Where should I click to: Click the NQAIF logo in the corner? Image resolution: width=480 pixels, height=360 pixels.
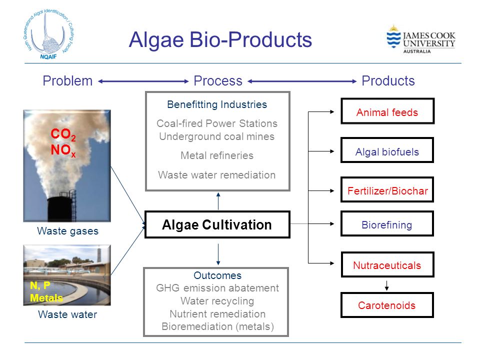click(48, 34)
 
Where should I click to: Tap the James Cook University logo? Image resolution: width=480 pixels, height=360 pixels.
click(421, 39)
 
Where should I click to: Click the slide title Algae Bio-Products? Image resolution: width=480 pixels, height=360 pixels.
click(220, 40)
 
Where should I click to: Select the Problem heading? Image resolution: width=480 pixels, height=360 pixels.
click(67, 81)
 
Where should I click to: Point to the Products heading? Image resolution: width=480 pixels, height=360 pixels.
click(388, 81)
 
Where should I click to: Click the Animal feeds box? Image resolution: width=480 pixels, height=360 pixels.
click(387, 111)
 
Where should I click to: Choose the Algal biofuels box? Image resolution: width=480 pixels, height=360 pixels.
click(387, 150)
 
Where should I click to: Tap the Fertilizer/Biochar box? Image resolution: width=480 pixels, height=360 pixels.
click(387, 190)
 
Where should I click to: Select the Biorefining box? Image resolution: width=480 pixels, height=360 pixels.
click(387, 224)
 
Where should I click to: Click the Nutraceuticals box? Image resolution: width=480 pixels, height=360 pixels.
click(387, 264)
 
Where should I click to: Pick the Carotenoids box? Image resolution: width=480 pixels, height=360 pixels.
click(387, 305)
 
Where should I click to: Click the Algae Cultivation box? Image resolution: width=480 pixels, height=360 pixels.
click(217, 224)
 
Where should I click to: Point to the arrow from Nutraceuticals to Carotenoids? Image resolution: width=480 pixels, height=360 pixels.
click(386, 285)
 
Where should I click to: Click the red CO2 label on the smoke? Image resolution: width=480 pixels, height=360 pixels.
click(63, 134)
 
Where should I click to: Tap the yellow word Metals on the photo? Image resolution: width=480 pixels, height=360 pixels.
click(46, 298)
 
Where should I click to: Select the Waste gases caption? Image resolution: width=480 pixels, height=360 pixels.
click(67, 231)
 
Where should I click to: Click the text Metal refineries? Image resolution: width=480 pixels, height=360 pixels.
click(217, 155)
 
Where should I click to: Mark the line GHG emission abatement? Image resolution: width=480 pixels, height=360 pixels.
click(217, 288)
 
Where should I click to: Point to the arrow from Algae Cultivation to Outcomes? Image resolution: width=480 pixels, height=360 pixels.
click(218, 254)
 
